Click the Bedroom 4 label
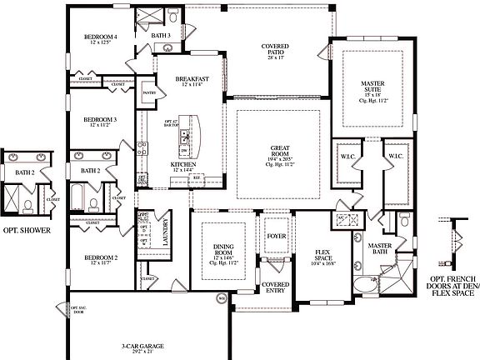[100, 37]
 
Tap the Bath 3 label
[161, 36]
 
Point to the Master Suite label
[372, 85]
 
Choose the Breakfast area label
[192, 79]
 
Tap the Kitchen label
[183, 165]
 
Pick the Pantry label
[150, 93]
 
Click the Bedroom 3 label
[99, 120]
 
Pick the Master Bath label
[380, 248]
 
